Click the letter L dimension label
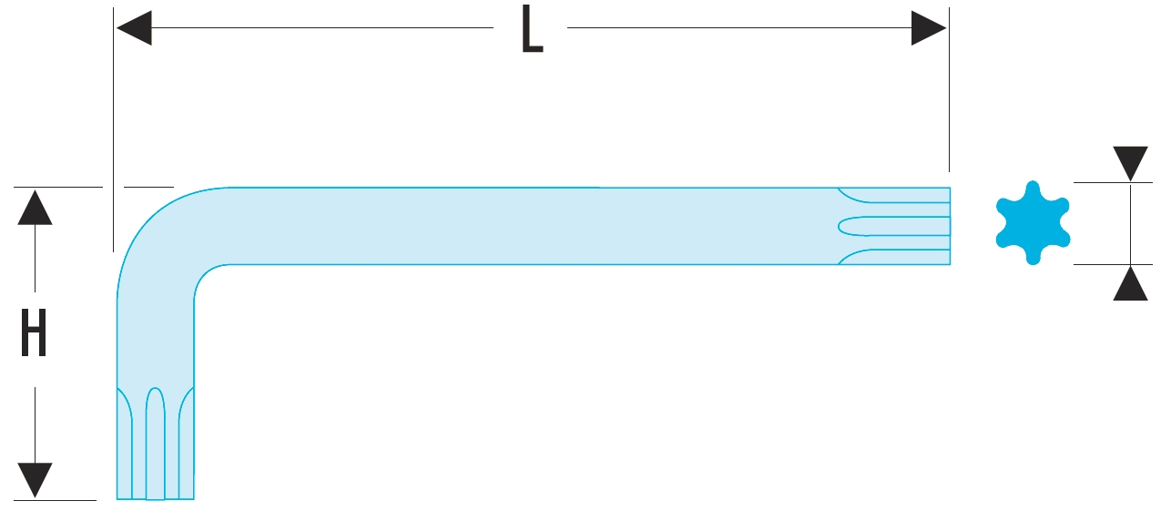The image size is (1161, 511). pos(532,31)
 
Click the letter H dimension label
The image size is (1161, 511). pos(34,333)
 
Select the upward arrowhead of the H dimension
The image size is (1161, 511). pos(35,207)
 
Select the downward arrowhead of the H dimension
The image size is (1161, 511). pos(35,480)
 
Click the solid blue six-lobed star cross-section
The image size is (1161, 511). pos(1032,223)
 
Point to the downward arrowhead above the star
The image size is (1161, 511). pos(1130,164)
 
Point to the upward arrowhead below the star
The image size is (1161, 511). pos(1130,283)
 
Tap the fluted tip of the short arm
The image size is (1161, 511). pos(156,446)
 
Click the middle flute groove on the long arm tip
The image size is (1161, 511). pos(892,226)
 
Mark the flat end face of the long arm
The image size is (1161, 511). pos(950,226)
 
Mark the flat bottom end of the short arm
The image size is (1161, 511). pos(156,498)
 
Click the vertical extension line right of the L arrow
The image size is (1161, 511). pos(949,91)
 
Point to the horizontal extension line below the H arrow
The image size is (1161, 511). pos(55,500)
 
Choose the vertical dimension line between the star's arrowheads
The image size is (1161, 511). pos(1130,223)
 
